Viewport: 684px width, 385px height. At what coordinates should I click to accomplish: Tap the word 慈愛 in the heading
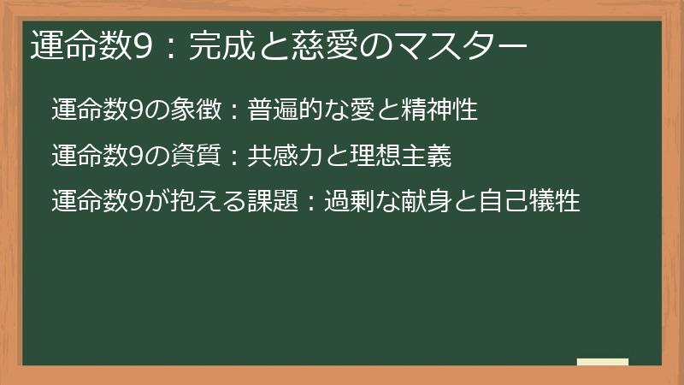click(x=310, y=45)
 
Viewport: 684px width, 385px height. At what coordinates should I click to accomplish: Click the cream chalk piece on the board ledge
click(x=602, y=361)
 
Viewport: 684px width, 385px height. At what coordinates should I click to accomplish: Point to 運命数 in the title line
click(x=78, y=45)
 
